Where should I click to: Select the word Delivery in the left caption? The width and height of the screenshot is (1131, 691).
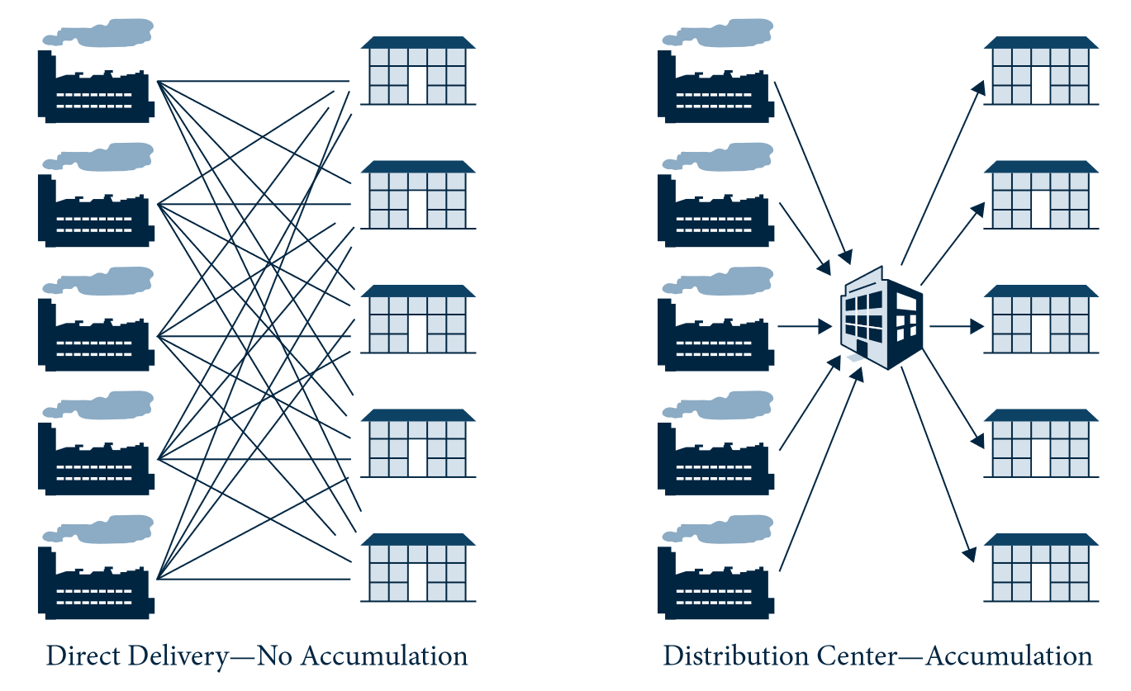tap(173, 656)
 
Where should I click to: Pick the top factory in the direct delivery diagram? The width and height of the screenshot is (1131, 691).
tap(95, 87)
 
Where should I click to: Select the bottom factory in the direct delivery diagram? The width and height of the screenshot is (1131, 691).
tap(95, 583)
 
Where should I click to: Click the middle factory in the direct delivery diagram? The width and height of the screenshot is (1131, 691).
tap(95, 334)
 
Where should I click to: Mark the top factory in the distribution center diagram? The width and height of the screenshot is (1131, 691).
tap(715, 87)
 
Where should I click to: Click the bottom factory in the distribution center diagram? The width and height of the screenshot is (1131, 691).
tap(715, 583)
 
